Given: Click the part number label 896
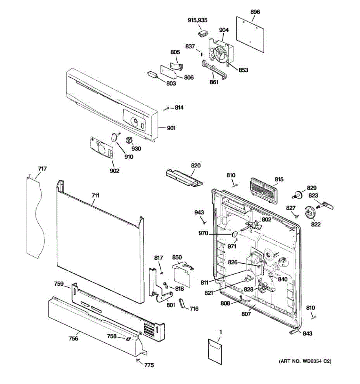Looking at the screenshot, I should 255,12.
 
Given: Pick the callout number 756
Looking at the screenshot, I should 73,338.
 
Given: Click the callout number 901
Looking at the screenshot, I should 171,128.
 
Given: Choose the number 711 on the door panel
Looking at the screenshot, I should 95,195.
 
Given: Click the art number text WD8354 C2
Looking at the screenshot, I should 305,361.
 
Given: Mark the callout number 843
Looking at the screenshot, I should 307,333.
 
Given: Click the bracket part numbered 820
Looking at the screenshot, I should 184,178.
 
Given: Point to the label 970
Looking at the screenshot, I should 203,234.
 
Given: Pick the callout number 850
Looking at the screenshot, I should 177,258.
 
